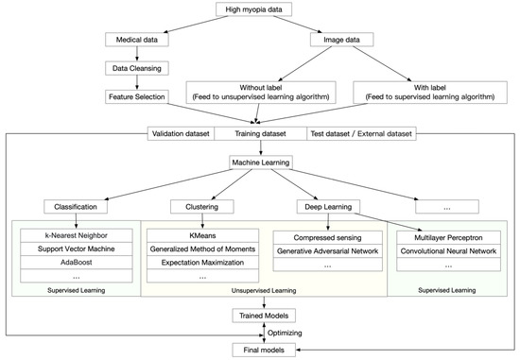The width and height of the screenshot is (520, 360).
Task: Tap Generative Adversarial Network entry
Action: (329, 251)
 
